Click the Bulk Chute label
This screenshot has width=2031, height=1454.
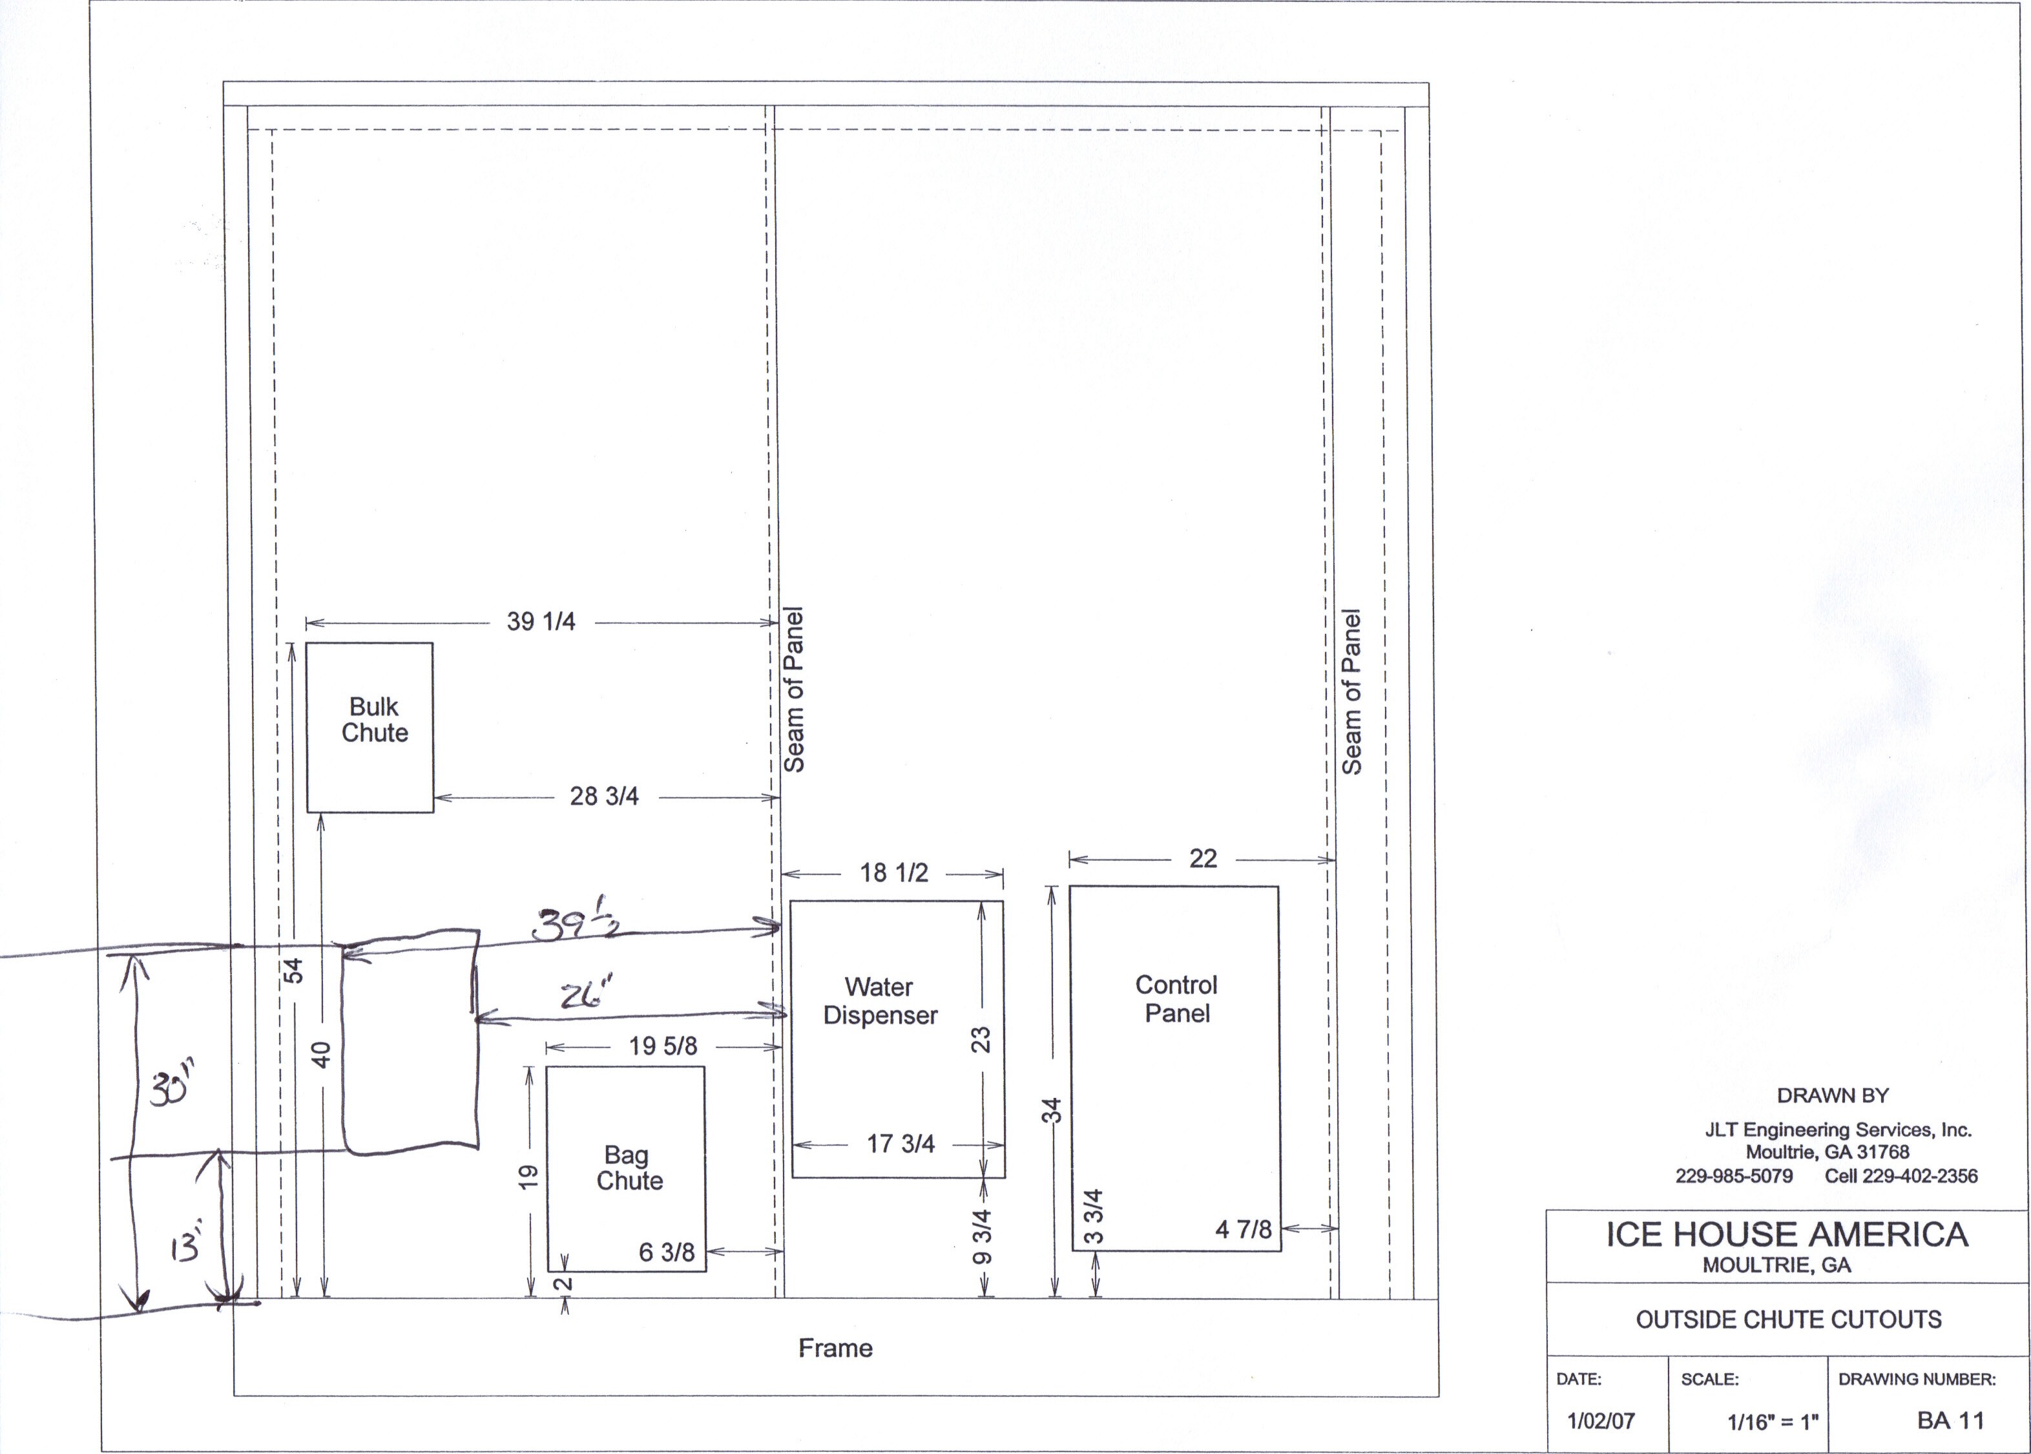point(374,720)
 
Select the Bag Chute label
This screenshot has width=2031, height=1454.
point(629,1168)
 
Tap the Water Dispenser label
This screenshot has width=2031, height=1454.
point(880,1001)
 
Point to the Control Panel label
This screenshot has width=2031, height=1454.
point(1176,998)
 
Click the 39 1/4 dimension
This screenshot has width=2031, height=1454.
point(541,622)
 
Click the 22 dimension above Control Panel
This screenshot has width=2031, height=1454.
point(1203,859)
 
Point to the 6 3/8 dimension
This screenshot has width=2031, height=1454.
point(666,1252)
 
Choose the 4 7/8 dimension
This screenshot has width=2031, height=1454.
point(1244,1229)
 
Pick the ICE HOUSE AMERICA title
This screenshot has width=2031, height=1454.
point(1787,1235)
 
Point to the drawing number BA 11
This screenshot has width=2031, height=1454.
point(1950,1421)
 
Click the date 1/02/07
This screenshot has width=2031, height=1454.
point(1601,1421)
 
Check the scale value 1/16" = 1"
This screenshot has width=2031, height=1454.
point(1773,1422)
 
